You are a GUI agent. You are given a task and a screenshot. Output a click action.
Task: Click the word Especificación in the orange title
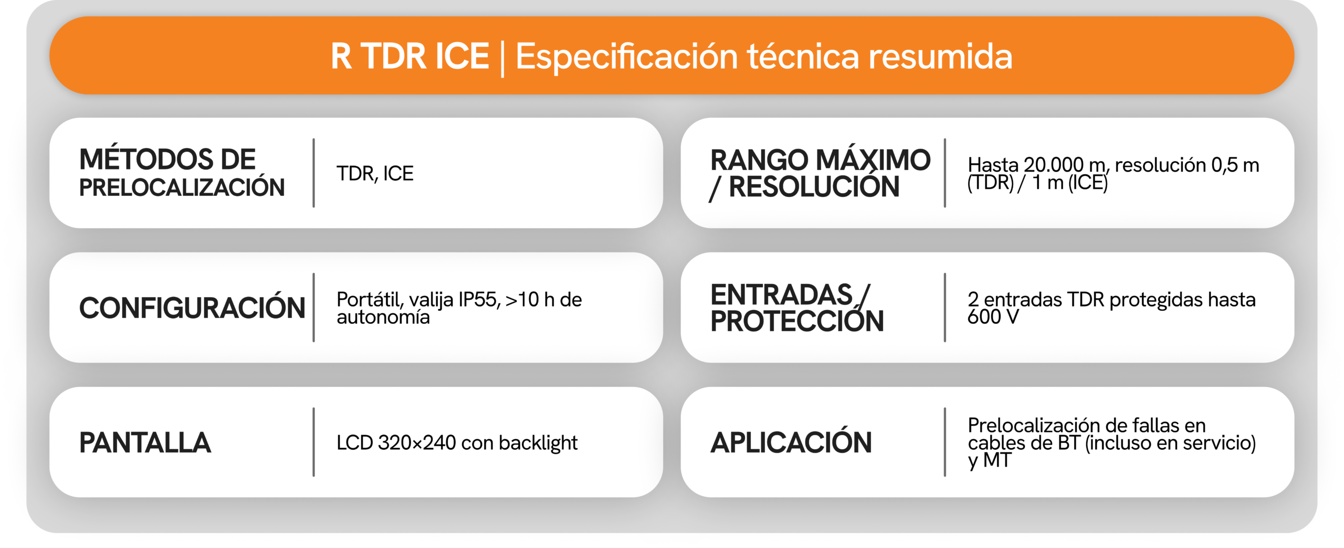pos(627,57)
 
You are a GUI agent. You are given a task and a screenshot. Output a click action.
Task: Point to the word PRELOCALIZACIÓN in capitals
pos(182,187)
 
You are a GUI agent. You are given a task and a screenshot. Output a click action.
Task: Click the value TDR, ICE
pos(375,174)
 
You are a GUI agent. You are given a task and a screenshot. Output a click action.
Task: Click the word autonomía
pos(383,317)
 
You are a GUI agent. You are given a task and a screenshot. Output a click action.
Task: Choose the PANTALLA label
pos(145,442)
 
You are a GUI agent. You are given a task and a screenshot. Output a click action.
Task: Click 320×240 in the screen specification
pos(417,442)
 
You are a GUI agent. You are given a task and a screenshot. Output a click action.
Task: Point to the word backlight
pos(538,443)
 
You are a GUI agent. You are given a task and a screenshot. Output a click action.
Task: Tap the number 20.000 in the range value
pos(1054,165)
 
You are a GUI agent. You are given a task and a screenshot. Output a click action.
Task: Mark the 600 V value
pos(993,317)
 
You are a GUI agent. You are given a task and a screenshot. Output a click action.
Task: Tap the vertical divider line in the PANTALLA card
pos(313,442)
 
